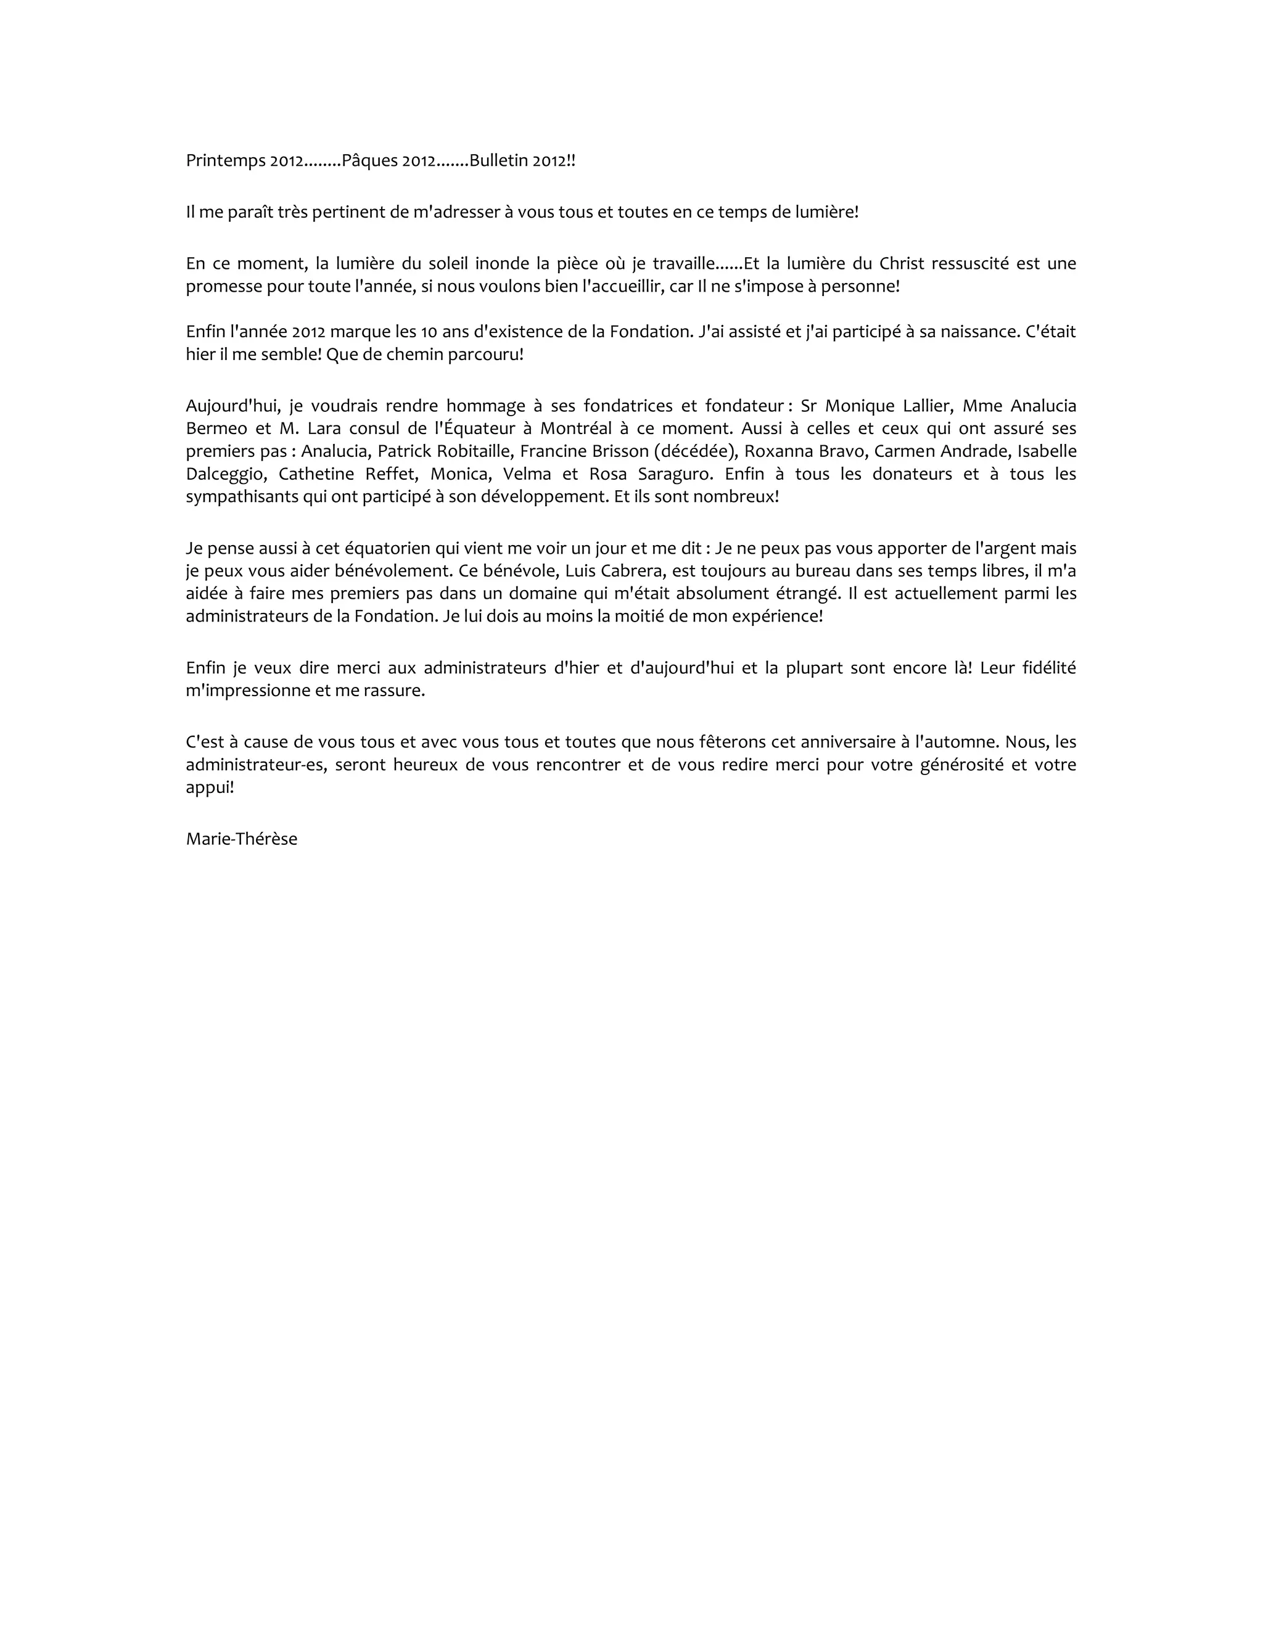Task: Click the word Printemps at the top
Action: pyautogui.click(x=221, y=161)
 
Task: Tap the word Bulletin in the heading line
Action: pyautogui.click(x=498, y=161)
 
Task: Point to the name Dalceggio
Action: pyautogui.click(x=224, y=474)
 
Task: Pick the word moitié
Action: pyautogui.click(x=646, y=617)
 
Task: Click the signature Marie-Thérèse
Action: pyautogui.click(x=242, y=839)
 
